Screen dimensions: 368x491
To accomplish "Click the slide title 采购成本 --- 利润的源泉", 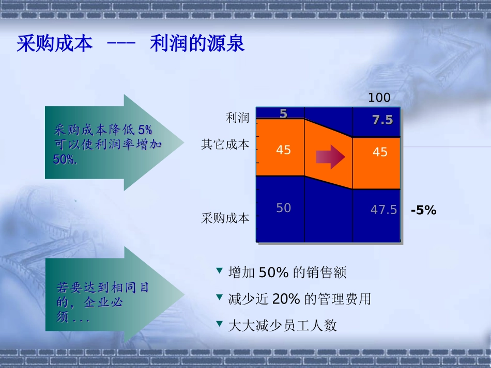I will tap(131, 44).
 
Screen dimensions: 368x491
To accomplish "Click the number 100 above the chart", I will tap(379, 98).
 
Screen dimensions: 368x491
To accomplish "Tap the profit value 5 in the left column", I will tap(283, 114).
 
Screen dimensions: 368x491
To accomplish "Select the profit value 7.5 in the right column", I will tap(382, 120).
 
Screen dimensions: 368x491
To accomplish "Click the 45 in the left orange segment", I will tap(283, 150).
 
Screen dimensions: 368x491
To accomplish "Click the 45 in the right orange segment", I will tap(380, 152).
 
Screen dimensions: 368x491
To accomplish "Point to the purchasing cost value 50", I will tap(283, 208).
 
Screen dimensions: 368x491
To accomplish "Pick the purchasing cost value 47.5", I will tap(383, 210).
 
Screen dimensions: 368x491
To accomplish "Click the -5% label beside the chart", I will tap(423, 210).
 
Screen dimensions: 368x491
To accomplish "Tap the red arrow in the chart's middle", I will tap(330, 156).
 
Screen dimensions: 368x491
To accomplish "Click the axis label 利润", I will tap(237, 118).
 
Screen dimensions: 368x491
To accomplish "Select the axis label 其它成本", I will tap(225, 145).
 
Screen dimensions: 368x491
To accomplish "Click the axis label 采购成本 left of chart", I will tap(225, 218).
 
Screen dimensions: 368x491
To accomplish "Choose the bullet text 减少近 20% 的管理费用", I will tap(299, 299).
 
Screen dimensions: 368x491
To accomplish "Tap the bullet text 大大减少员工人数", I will tap(282, 326).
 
